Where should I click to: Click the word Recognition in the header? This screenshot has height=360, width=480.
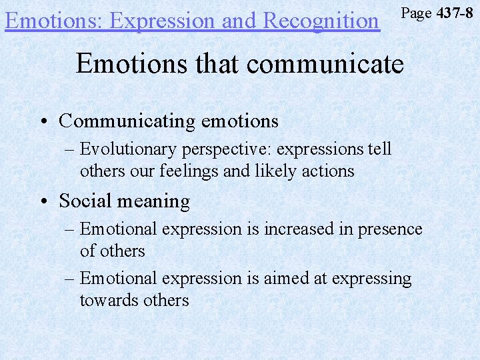point(321,21)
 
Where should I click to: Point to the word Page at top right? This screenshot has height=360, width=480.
point(416,13)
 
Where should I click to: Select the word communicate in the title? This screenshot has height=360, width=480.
point(325,64)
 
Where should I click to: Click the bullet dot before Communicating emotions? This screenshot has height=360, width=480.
point(43,121)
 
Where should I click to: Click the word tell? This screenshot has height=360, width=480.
point(379,149)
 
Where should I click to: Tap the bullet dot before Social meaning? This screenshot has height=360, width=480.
point(43,201)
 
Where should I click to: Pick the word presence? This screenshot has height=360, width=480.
point(390,229)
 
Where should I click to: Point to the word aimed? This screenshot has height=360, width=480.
point(287,278)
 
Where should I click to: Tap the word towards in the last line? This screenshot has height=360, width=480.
point(109,300)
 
